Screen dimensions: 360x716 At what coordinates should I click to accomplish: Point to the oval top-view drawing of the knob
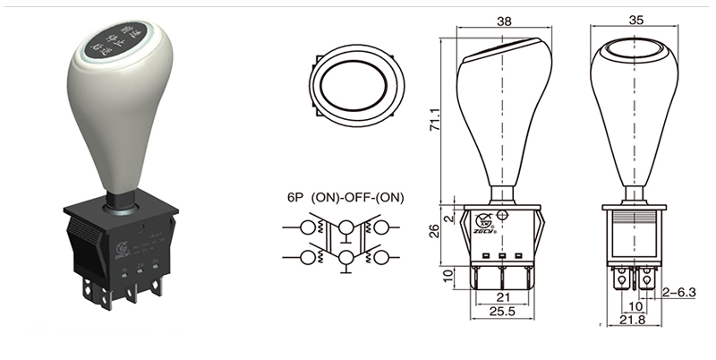[356, 85]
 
